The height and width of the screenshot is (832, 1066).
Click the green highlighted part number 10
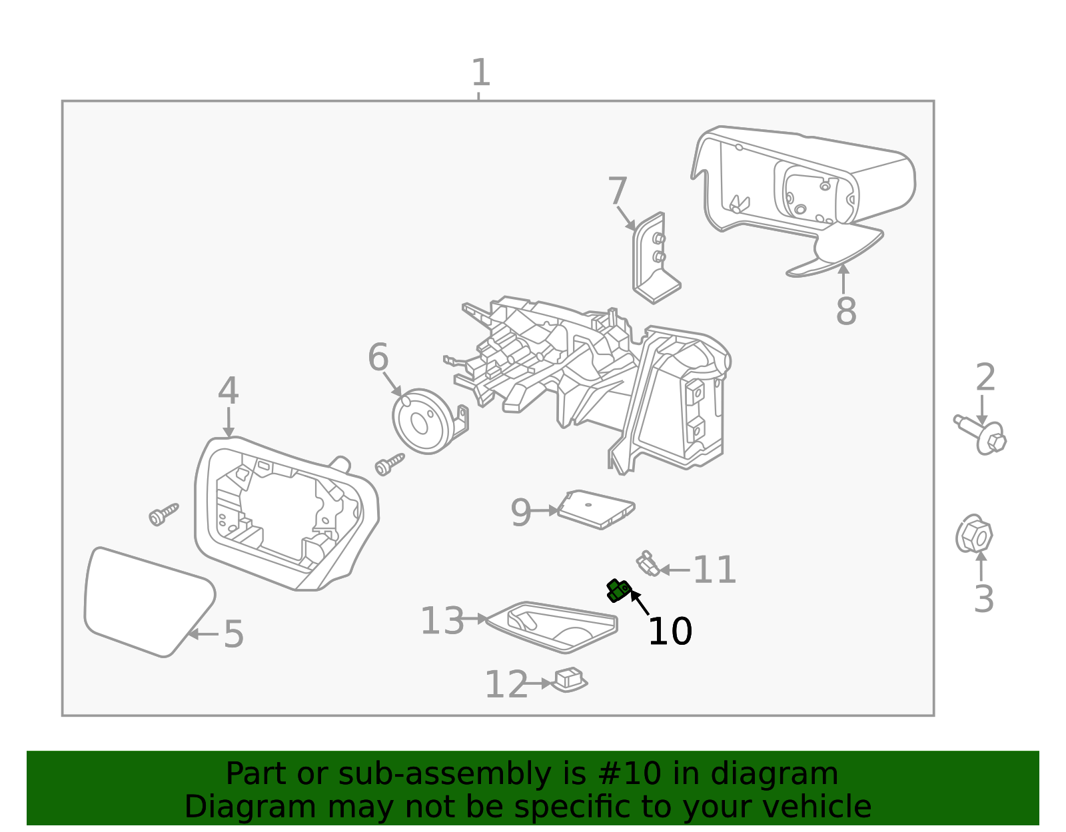(x=618, y=590)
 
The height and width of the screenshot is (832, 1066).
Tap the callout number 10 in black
(x=670, y=631)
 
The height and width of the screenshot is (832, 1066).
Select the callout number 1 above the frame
(x=480, y=73)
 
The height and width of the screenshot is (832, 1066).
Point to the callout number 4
(x=228, y=391)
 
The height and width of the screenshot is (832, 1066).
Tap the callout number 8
(x=845, y=311)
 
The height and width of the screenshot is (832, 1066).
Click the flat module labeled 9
(x=595, y=510)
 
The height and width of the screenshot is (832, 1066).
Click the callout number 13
(x=442, y=621)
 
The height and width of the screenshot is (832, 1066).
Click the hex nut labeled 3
(x=973, y=534)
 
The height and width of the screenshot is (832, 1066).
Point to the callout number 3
(x=983, y=599)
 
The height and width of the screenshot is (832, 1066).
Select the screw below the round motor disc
(x=390, y=464)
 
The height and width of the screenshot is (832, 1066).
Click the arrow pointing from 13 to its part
(x=476, y=619)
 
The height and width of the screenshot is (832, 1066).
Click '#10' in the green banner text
(x=630, y=774)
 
